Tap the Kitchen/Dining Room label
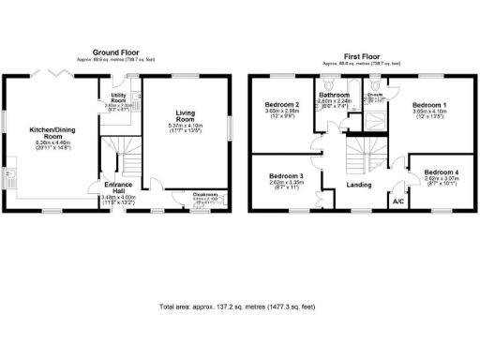pyautogui.click(x=53, y=131)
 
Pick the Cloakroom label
pyautogui.click(x=204, y=195)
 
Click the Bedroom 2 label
pyautogui.click(x=281, y=104)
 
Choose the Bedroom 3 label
pyautogui.click(x=286, y=176)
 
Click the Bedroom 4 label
pyautogui.click(x=441, y=173)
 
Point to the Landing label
pyautogui.click(x=360, y=186)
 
